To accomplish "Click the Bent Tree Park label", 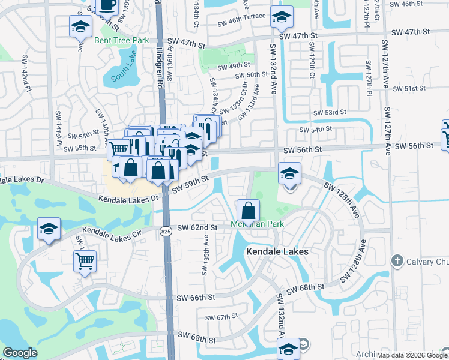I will coord(121,40).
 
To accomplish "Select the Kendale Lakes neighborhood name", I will coord(277,252).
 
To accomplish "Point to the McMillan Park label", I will coord(257,224).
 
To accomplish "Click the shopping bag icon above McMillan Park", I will coord(248,211).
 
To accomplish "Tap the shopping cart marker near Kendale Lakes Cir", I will coord(85,262).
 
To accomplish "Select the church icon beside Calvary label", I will coord(396,260).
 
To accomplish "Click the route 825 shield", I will coord(167,230).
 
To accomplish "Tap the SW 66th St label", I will coord(197,298).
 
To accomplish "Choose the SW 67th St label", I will coord(222,317).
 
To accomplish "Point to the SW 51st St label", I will coord(408,88).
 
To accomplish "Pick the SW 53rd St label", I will coord(330,112).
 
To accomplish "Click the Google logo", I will coord(20,353).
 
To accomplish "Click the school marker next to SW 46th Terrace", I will coord(280,17).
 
